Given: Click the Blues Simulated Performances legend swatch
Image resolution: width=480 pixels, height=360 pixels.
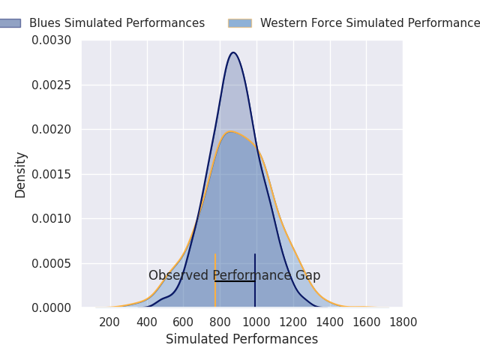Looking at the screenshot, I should [x=9, y=23].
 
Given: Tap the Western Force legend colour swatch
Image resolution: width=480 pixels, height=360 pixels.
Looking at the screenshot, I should [x=240, y=23].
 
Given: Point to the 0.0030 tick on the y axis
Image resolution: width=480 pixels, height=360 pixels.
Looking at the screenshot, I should [x=52, y=40].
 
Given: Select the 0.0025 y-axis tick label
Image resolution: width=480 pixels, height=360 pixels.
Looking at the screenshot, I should [x=52, y=85].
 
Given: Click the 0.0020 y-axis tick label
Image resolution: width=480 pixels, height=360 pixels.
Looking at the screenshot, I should [x=52, y=129].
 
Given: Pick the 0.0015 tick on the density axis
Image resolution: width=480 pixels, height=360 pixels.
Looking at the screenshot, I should [x=52, y=174].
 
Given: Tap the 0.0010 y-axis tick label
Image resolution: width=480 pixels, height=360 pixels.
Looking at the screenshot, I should [x=52, y=218].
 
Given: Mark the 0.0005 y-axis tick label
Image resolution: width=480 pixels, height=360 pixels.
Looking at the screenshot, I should [x=52, y=263].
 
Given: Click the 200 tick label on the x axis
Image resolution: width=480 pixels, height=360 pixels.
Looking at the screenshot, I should [x=110, y=322].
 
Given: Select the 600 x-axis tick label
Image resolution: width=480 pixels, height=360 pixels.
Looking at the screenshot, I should [x=184, y=322].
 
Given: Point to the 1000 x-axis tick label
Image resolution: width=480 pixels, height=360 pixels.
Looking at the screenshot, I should [x=256, y=322].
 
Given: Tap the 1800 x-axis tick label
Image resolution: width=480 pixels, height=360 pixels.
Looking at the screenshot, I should [x=403, y=322].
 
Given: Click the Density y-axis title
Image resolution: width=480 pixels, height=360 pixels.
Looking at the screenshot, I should [x=21, y=174].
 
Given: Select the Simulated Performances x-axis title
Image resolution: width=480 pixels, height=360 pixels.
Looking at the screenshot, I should [x=241, y=339].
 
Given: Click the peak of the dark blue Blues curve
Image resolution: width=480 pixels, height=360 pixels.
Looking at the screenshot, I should [x=234, y=52].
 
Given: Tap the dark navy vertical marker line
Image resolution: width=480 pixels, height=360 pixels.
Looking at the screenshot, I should [x=255, y=292].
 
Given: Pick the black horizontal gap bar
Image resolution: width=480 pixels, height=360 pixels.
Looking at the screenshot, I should [x=235, y=281].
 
